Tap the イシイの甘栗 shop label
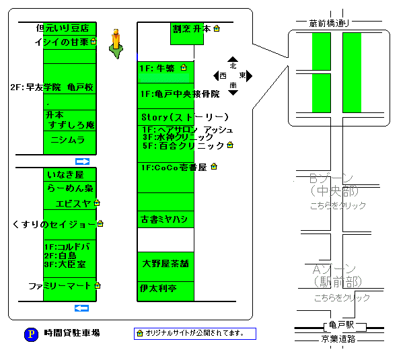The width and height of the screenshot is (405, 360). [x=61, y=42]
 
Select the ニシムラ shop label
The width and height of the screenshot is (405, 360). [x=68, y=140]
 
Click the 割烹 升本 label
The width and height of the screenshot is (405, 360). [x=192, y=29]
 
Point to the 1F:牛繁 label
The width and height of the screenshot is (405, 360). [x=157, y=68]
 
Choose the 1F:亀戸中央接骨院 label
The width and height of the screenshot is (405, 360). [x=180, y=94]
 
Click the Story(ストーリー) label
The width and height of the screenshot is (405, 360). [x=185, y=117]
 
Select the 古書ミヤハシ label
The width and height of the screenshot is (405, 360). [x=163, y=219]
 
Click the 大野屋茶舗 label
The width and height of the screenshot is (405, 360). [x=165, y=264]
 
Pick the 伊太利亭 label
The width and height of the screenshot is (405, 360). [x=158, y=289]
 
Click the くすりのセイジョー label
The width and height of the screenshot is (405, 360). [x=54, y=223]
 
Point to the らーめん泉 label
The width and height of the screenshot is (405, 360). [x=70, y=188]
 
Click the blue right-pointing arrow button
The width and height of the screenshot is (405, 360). [x=82, y=161]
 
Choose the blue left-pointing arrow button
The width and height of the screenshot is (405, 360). [x=82, y=308]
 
